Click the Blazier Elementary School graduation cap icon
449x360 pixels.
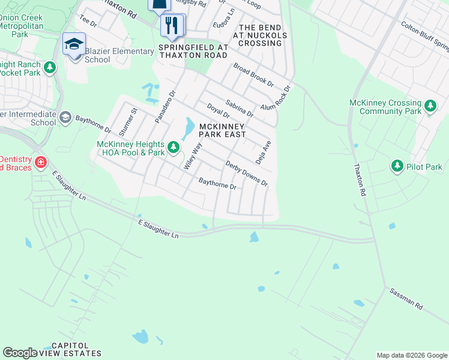tap(74, 44)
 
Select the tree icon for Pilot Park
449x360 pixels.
tap(396, 166)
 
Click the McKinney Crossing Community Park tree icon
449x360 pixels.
tap(430, 107)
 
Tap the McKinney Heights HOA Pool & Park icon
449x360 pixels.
tap(173, 147)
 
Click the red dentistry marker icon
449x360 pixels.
tap(40, 163)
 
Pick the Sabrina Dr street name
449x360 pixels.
tap(240, 108)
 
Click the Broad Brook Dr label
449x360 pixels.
tap(253, 75)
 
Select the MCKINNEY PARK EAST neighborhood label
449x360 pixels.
tap(223, 130)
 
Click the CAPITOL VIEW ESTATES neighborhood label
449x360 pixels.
tap(76, 349)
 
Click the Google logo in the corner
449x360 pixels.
tap(20, 353)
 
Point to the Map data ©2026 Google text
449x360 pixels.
tap(411, 355)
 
